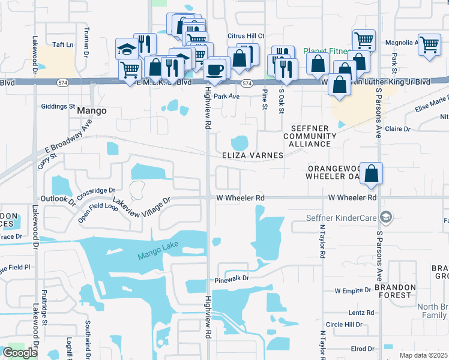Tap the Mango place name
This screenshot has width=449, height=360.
[x=92, y=111]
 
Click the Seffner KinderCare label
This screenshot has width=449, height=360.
[x=344, y=217]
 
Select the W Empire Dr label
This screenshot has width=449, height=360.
[x=353, y=291]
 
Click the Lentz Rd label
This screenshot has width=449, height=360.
[x=361, y=313]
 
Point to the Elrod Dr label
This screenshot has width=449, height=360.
[x=363, y=349]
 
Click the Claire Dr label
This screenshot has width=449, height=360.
[x=397, y=129]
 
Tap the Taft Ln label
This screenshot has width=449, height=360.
[x=62, y=45]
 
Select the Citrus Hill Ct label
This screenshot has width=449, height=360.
[x=246, y=36]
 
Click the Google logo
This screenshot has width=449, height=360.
[x=20, y=353]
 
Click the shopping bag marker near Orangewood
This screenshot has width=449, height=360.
[x=372, y=174]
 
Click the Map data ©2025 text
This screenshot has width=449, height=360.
[x=424, y=355]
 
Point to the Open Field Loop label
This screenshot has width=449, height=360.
[x=98, y=213]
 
